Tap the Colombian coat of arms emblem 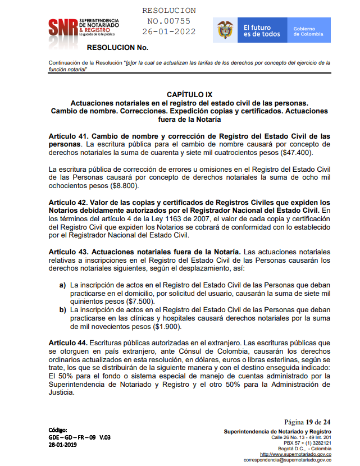click(225, 30)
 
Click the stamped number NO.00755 click(169, 21)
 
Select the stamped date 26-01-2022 click(169, 32)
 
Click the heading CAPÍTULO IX click(189, 95)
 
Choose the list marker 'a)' click(63, 285)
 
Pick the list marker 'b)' click(63, 310)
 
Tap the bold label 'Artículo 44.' click(67, 343)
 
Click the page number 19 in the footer click(309, 422)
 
